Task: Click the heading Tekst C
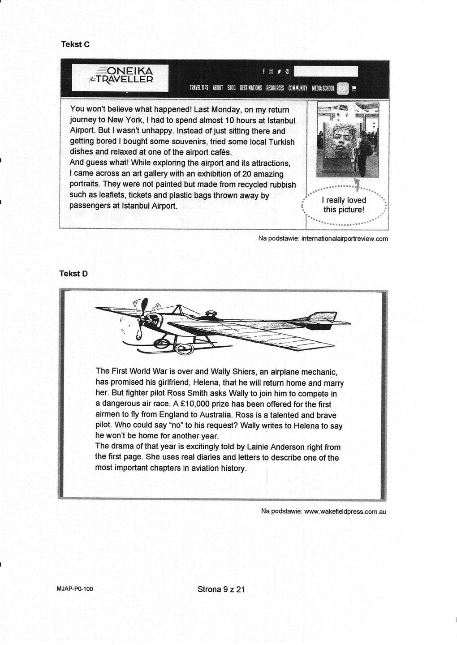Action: point(76,44)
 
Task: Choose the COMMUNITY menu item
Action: point(298,88)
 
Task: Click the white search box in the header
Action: point(326,71)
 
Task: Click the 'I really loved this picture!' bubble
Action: point(344,205)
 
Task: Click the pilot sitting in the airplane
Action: point(209,315)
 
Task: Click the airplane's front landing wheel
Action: point(162,343)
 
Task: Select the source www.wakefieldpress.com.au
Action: point(345,511)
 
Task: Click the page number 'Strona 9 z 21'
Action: point(221,589)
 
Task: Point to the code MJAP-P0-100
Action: point(75,589)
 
